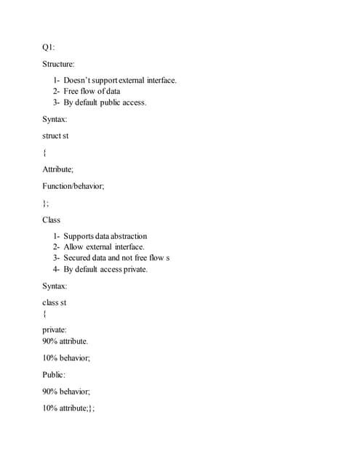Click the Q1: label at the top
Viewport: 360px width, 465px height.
(x=49, y=47)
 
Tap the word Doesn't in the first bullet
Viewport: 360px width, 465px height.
(x=79, y=80)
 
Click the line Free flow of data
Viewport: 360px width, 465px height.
(x=92, y=91)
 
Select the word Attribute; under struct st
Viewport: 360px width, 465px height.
(x=57, y=169)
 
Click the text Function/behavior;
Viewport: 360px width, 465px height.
(x=73, y=186)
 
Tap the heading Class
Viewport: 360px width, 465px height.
(x=52, y=219)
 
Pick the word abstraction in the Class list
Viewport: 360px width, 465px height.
(x=126, y=236)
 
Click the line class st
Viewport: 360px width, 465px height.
(x=55, y=302)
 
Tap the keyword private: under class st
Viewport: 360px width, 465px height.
(x=55, y=330)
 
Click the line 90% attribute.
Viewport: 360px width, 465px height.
(x=65, y=341)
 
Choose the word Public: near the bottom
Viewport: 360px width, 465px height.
(x=54, y=374)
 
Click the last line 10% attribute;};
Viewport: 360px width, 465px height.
(x=68, y=408)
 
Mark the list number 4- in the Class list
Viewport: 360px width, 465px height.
(x=56, y=270)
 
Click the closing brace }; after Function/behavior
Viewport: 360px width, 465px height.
(x=47, y=203)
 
